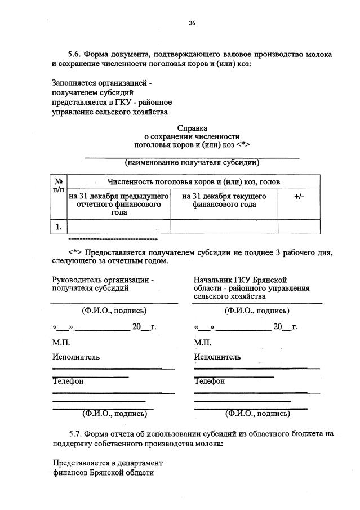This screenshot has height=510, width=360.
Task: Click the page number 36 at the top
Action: pyautogui.click(x=192, y=23)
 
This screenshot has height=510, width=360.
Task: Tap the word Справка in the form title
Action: pyautogui.click(x=192, y=128)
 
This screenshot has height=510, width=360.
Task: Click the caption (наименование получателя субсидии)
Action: pyautogui.click(x=192, y=162)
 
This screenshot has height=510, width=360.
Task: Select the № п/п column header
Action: pyautogui.click(x=58, y=186)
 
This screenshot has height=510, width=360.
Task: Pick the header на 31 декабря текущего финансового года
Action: pyautogui.click(x=224, y=200)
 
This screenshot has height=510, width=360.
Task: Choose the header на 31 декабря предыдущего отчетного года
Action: pyautogui.click(x=119, y=204)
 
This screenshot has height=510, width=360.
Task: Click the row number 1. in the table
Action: pyautogui.click(x=58, y=227)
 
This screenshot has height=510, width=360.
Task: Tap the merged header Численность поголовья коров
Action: pyautogui.click(x=193, y=182)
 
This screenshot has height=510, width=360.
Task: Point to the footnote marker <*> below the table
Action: pyautogui.click(x=75, y=253)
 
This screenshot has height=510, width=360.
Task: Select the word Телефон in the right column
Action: pyautogui.click(x=209, y=381)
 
